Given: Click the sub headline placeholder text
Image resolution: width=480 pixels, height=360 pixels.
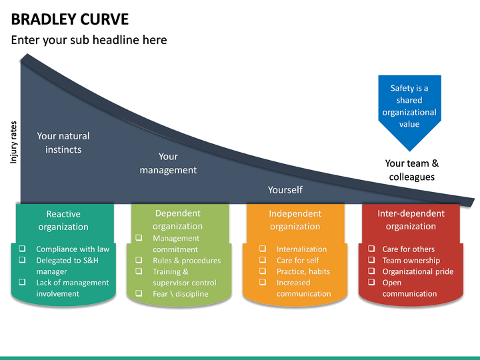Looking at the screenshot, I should point(89,40).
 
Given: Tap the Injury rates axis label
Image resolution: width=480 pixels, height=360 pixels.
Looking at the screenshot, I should point(13,142).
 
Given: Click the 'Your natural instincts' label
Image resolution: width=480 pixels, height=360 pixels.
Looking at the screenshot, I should point(63,143).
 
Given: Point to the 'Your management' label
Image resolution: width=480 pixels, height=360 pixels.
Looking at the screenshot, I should point(168,163).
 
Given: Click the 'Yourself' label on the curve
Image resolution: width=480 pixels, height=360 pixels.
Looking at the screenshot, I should point(285,190).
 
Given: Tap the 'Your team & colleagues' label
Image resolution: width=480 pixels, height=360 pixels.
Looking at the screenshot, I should point(412,170).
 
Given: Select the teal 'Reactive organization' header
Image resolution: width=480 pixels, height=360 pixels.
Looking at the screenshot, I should point(63,220).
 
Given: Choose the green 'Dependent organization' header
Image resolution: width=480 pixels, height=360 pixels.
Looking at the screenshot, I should point(177,219).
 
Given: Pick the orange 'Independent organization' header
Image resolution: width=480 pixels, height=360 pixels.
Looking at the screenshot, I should point(295,220).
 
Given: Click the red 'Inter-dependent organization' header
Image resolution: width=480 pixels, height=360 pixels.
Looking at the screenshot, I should point(411,220).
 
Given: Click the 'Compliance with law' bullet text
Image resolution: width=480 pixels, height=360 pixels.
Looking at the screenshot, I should point(73,249).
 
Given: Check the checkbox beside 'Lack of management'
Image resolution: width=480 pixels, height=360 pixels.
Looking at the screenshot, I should point(23,283).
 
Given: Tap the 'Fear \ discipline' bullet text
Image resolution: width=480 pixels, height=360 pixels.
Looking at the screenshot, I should point(180,294).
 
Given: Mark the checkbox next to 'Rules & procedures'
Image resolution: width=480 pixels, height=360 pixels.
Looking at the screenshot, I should point(138,261).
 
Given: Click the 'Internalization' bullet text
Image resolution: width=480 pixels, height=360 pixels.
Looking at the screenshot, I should point(301,249).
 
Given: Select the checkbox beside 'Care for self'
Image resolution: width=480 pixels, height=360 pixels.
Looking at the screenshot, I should point(263,261).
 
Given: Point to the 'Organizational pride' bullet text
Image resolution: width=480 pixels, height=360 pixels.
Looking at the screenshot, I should point(417,271).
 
